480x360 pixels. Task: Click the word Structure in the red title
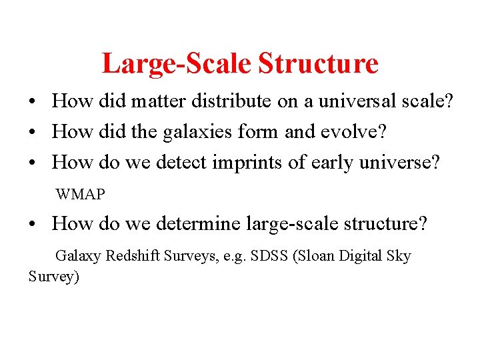(318, 64)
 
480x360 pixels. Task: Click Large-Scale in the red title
(177, 64)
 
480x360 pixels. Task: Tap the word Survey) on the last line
(54, 276)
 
